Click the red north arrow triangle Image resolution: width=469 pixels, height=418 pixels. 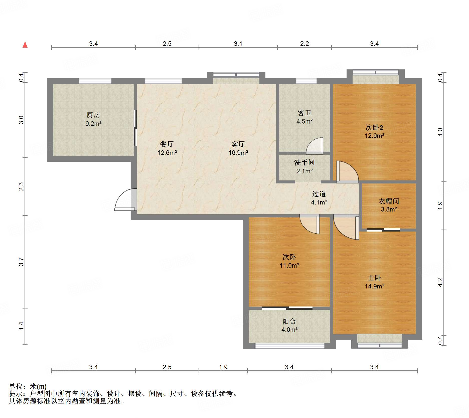pyautogui.click(x=25, y=45)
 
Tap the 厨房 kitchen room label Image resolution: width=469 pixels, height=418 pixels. pyautogui.click(x=93, y=115)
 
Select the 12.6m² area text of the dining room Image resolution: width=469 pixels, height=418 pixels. pyautogui.click(x=167, y=153)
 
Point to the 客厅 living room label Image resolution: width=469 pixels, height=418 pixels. pyautogui.click(x=238, y=144)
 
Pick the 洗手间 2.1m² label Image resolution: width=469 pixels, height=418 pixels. pyautogui.click(x=304, y=167)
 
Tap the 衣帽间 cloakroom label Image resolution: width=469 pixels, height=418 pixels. pyautogui.click(x=389, y=201)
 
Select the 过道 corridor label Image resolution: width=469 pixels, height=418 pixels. pyautogui.click(x=319, y=194)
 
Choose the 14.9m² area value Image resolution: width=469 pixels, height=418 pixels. pyautogui.click(x=374, y=286)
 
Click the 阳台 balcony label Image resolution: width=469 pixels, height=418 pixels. pyautogui.click(x=289, y=321)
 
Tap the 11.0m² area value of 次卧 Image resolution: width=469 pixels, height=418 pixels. pyautogui.click(x=289, y=265)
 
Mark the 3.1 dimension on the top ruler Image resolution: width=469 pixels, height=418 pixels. pyautogui.click(x=238, y=44)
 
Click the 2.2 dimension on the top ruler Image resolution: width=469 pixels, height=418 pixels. pyautogui.click(x=304, y=44)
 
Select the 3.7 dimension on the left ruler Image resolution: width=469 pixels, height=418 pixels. pyautogui.click(x=21, y=262)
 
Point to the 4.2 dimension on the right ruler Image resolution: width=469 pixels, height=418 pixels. pyautogui.click(x=440, y=282)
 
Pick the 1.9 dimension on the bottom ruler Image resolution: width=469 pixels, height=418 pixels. pyautogui.click(x=223, y=367)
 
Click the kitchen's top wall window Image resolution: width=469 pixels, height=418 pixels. pyautogui.click(x=95, y=81)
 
